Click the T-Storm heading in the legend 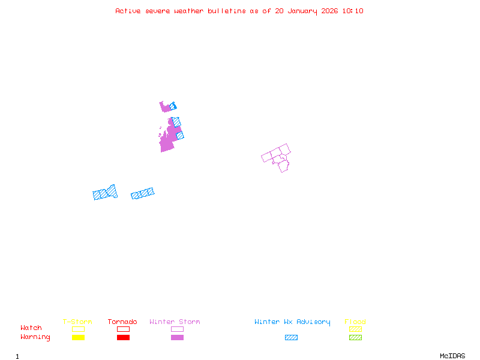click(77, 322)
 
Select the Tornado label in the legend click(122, 322)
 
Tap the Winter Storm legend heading click(175, 322)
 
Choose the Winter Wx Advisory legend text click(292, 322)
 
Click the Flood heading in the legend click(355, 322)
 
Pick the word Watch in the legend click(31, 328)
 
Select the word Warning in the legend click(35, 337)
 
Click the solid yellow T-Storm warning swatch click(78, 338)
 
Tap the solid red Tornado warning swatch click(123, 338)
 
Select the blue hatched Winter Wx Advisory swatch click(291, 338)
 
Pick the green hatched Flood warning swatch click(355, 338)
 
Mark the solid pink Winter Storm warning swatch click(177, 338)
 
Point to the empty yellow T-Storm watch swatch click(78, 329)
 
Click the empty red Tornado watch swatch click(123, 329)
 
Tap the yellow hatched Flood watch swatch click(355, 329)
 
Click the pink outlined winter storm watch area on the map click(278, 157)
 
